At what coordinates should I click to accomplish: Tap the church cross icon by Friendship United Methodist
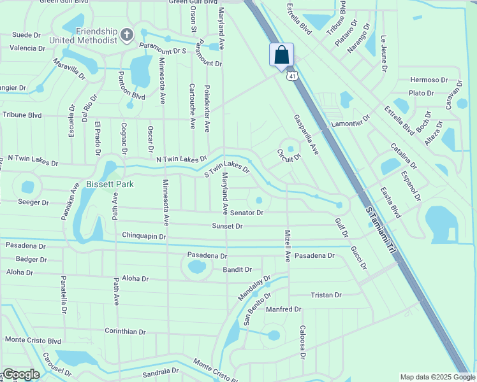tap(127, 33)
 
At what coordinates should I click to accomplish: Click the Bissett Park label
tap(96, 184)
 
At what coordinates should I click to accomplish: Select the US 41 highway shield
tap(291, 76)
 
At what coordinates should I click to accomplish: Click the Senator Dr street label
tap(247, 212)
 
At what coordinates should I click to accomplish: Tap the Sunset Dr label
tap(228, 226)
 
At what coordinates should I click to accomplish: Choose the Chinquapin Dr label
tap(144, 236)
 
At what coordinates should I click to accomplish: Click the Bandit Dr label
tap(237, 270)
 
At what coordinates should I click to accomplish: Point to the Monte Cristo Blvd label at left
tap(33, 341)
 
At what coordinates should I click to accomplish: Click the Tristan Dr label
tap(326, 295)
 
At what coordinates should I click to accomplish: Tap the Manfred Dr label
tap(283, 309)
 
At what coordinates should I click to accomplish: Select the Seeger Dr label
tap(34, 202)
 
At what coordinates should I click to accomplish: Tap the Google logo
tap(20, 374)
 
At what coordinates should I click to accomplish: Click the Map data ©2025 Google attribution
tap(437, 377)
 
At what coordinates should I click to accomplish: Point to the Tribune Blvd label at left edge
tap(22, 115)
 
